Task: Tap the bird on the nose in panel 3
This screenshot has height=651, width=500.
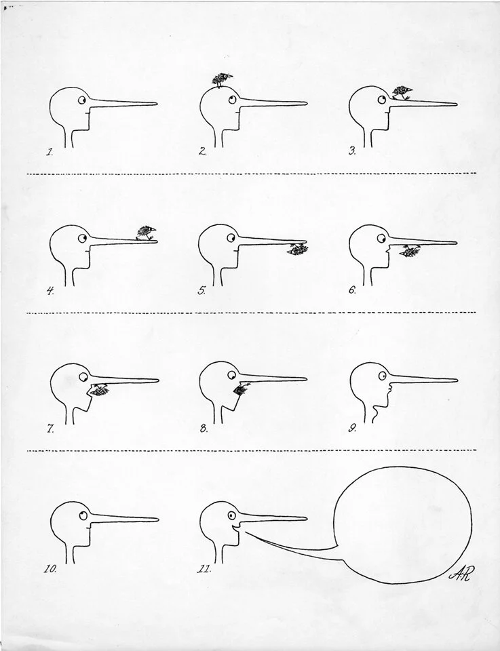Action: (x=402, y=93)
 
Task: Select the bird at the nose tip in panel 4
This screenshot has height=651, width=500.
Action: (x=146, y=233)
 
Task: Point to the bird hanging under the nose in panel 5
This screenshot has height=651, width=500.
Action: (x=298, y=249)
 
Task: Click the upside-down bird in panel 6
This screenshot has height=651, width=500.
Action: (x=410, y=250)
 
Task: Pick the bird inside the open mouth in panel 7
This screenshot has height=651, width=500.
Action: (x=99, y=391)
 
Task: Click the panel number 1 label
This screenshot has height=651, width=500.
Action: (x=50, y=152)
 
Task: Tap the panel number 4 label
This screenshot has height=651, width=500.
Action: (x=50, y=291)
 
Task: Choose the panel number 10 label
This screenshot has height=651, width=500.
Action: (x=50, y=569)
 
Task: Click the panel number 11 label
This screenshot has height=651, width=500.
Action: (x=204, y=569)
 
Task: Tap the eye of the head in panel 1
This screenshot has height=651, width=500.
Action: (x=82, y=100)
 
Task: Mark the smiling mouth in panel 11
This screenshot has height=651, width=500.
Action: (x=235, y=529)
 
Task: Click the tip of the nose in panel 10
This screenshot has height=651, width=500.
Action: (x=158, y=519)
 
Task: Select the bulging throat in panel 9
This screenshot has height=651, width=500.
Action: (x=376, y=413)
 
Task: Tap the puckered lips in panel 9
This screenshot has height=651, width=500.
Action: (x=389, y=389)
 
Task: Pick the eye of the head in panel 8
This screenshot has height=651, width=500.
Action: (x=232, y=375)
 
